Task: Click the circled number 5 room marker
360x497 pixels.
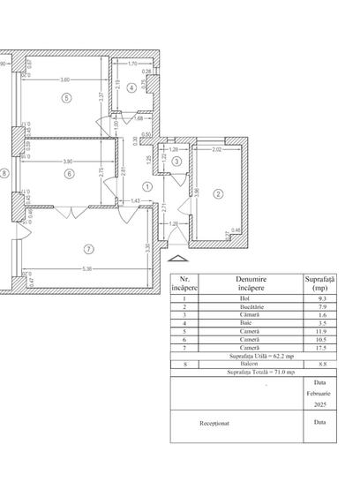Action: [x=66, y=98]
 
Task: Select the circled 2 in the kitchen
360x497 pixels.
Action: [x=219, y=193]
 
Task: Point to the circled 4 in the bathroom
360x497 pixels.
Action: [x=131, y=86]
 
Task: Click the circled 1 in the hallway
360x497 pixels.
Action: [x=146, y=185]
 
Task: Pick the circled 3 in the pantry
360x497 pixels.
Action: [x=176, y=162]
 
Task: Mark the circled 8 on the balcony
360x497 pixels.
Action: [x=4, y=174]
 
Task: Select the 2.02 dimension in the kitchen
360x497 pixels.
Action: [x=218, y=151]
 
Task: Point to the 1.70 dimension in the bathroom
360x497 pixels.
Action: [x=133, y=64]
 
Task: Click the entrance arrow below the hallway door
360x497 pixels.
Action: [x=176, y=260]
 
